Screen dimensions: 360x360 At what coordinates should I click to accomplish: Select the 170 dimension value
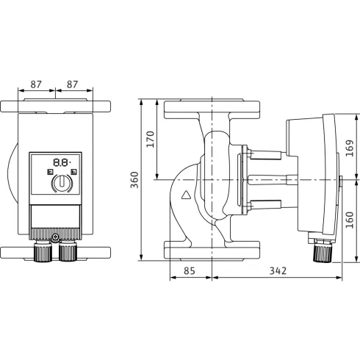click(151, 139)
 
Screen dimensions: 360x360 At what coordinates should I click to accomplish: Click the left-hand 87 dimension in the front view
click(37, 84)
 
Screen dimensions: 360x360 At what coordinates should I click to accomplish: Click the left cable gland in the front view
click(42, 252)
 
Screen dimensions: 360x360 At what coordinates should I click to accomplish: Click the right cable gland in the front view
click(67, 252)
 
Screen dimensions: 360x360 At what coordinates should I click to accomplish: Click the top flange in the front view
click(56, 107)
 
